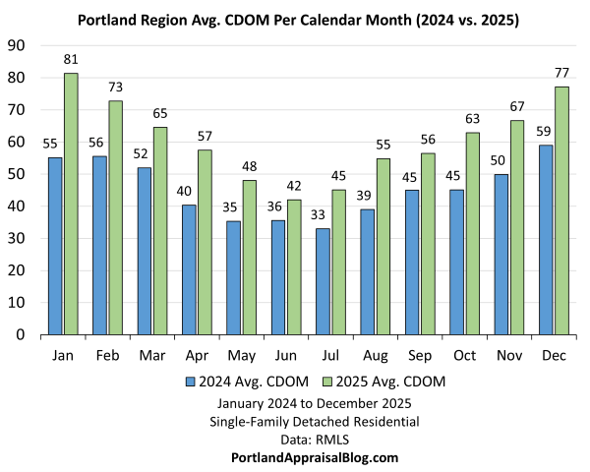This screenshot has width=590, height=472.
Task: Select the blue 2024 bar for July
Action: pyautogui.click(x=324, y=281)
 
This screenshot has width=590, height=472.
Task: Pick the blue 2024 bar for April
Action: pyautogui.click(x=189, y=269)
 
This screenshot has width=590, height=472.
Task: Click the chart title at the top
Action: pyautogui.click(x=295, y=19)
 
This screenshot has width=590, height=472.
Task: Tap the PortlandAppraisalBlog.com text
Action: pyautogui.click(x=314, y=457)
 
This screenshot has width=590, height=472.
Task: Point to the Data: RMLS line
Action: pyautogui.click(x=314, y=440)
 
